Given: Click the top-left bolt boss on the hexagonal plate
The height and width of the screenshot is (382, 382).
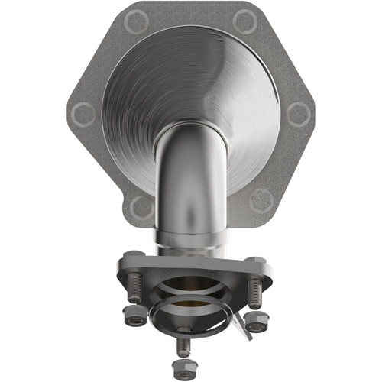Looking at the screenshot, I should point(135,23).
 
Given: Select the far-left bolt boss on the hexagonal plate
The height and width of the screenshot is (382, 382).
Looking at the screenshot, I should point(83,115).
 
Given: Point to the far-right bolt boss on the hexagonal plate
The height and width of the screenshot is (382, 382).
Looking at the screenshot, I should point(299,115).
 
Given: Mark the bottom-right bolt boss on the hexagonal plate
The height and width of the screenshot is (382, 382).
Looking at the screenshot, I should point(262,200).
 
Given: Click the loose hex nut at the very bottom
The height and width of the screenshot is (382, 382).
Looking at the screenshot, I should point(183,366).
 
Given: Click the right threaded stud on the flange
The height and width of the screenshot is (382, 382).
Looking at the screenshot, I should point(254,293).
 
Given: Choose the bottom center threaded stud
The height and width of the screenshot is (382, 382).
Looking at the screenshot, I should point(183,345).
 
